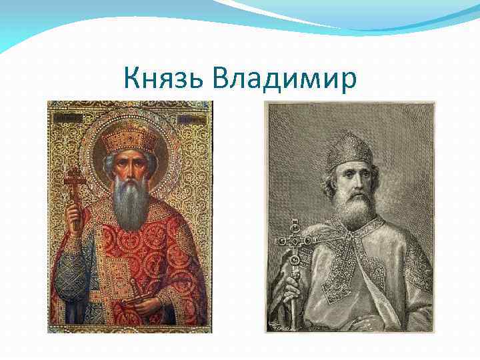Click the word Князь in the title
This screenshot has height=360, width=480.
click(x=164, y=79)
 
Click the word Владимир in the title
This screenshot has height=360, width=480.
click(x=285, y=79)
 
